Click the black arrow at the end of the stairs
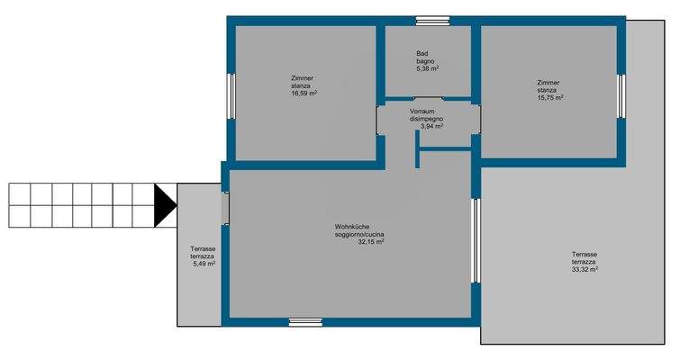click(164, 204)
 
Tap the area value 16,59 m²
click(303, 93)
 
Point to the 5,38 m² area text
click(427, 68)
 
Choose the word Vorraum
click(427, 110)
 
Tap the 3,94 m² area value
click(431, 126)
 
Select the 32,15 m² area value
click(371, 241)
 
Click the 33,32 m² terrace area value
click(585, 268)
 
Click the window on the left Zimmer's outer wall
click(231, 95)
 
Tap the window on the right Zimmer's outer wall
click(621, 94)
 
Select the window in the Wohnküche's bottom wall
click(305, 320)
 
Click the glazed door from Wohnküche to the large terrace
click(476, 241)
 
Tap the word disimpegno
click(427, 118)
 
